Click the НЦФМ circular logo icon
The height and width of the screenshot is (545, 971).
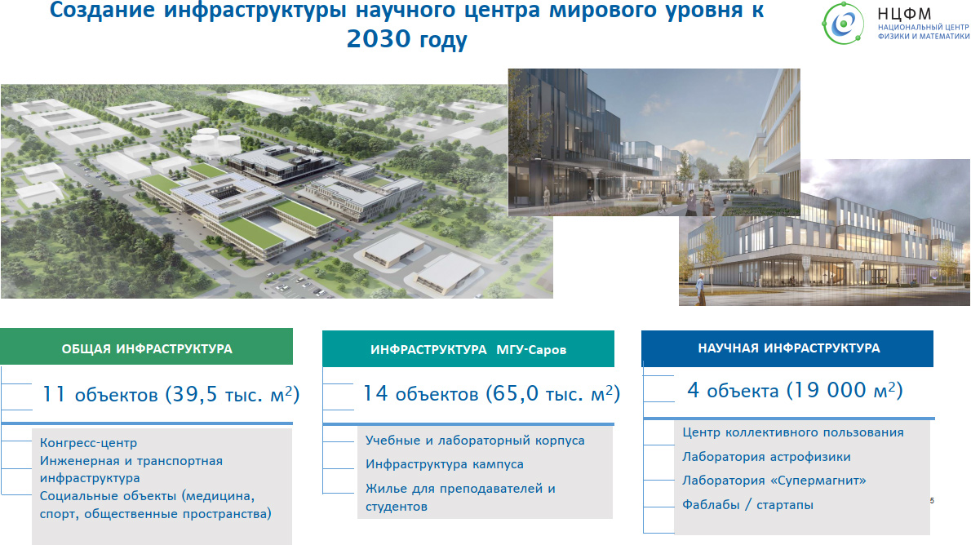[x=843, y=24]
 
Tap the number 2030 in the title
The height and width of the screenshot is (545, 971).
[x=379, y=38]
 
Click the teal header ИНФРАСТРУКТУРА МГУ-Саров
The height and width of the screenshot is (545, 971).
[x=468, y=348]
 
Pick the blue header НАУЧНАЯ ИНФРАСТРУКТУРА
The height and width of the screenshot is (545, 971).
[x=787, y=348]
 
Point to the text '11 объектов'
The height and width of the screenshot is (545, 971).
[x=100, y=394]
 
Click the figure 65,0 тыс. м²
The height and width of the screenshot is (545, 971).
[x=552, y=393]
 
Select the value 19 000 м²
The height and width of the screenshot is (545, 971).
[x=845, y=390]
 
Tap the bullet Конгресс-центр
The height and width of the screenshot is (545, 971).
[x=89, y=443]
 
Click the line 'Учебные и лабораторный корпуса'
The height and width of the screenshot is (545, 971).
[x=475, y=441]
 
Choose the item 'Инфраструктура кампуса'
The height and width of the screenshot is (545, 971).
[x=445, y=464]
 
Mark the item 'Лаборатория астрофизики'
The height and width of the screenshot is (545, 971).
[x=767, y=456]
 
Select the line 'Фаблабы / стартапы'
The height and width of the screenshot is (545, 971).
[x=748, y=505]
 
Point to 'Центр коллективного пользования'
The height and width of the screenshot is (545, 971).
[x=793, y=432]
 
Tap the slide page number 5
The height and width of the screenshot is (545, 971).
[x=932, y=500]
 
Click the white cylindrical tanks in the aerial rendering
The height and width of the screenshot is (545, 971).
[x=214, y=143]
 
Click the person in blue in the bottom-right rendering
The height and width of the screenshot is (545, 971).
[x=700, y=290]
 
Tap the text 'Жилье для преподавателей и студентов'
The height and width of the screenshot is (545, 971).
[x=460, y=498]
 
